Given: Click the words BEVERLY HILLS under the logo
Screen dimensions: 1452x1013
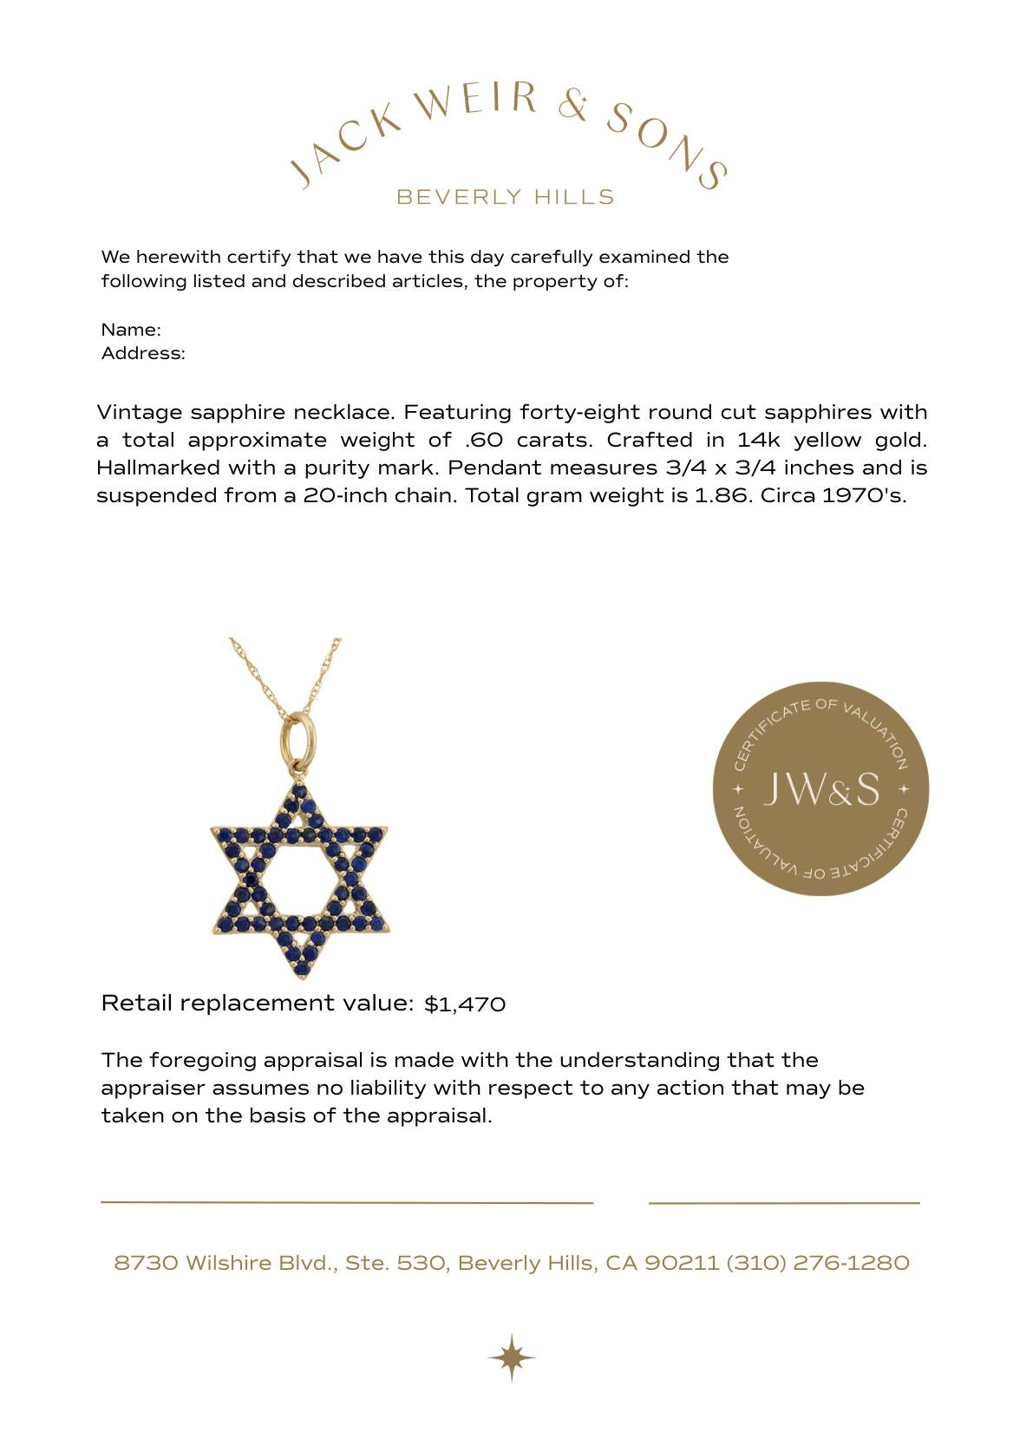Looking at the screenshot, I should click(x=505, y=197).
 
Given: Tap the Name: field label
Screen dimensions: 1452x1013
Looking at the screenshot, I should click(x=131, y=330).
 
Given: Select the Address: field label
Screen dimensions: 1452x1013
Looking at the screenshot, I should click(x=143, y=353).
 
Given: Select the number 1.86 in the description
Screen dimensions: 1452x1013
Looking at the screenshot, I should click(x=722, y=496).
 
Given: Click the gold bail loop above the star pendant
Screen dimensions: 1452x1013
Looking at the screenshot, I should click(x=297, y=739).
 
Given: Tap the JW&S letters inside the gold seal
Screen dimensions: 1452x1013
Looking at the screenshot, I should click(x=820, y=788).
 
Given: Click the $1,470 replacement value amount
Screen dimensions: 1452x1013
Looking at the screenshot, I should click(x=465, y=1004).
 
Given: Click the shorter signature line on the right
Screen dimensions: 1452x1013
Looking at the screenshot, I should click(x=783, y=1203).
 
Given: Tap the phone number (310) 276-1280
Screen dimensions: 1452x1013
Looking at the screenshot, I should click(x=818, y=1263).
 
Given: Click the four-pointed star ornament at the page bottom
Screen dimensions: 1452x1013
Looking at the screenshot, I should click(x=512, y=1357).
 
